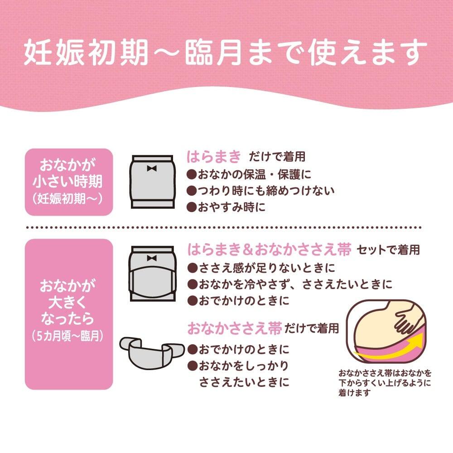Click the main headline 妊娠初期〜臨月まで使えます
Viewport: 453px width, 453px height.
225,53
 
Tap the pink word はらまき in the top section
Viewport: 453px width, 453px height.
214,157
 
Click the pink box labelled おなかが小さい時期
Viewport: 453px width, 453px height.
69,182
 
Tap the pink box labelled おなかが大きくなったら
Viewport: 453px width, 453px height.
69,314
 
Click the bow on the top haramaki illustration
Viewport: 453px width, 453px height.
152,168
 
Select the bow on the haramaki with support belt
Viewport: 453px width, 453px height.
152,258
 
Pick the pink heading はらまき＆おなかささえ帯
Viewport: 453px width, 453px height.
269,249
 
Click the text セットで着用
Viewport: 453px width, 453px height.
388,250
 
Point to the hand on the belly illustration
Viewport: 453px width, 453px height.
406,319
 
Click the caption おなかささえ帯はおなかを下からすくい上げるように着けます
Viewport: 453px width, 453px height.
385,383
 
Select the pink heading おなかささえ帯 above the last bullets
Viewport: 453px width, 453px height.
235,328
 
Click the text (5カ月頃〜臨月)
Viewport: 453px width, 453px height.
67,336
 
